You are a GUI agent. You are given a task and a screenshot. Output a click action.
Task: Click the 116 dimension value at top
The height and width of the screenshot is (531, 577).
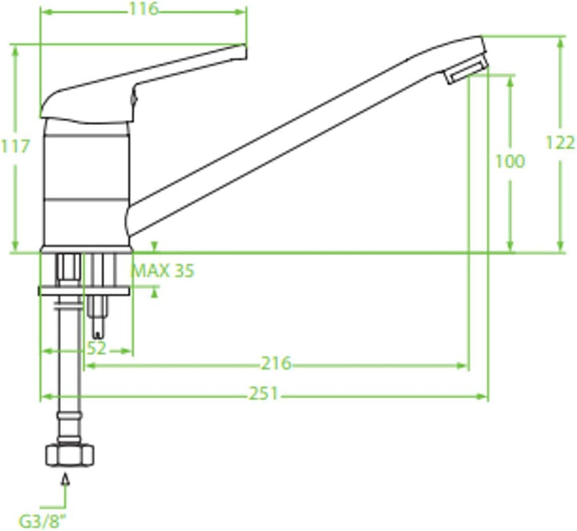pyautogui.click(x=144, y=9)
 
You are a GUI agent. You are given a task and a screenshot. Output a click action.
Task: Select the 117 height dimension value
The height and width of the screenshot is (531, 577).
pyautogui.click(x=15, y=147)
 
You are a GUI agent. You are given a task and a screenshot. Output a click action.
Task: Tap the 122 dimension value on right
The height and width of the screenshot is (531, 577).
pyautogui.click(x=559, y=143)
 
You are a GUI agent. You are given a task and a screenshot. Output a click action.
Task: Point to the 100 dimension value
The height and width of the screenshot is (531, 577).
pyautogui.click(x=510, y=161)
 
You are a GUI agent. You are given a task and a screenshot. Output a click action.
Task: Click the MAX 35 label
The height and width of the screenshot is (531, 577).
pyautogui.click(x=162, y=271)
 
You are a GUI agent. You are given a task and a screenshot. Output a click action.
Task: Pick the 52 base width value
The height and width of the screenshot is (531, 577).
pyautogui.click(x=97, y=348)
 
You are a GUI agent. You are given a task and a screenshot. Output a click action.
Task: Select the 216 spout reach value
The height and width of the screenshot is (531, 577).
pyautogui.click(x=276, y=364)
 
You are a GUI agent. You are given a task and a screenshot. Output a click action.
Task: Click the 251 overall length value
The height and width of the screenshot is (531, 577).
pyautogui.click(x=264, y=393)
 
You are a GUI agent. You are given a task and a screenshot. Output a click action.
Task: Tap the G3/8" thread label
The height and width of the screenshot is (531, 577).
pyautogui.click(x=43, y=521)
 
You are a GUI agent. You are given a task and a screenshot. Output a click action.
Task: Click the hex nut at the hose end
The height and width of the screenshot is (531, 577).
pyautogui.click(x=70, y=455)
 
